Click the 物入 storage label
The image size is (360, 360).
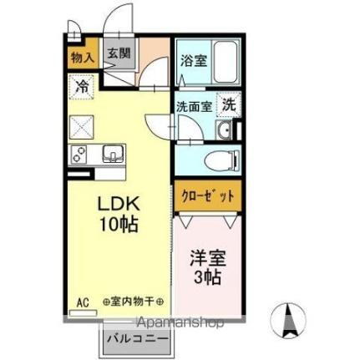pos(82,58)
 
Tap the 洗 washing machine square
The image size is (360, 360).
pos(228,105)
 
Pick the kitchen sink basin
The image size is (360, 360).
pos(113,153)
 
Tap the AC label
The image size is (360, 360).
pos(83,301)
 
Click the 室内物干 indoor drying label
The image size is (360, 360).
pos(133,301)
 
